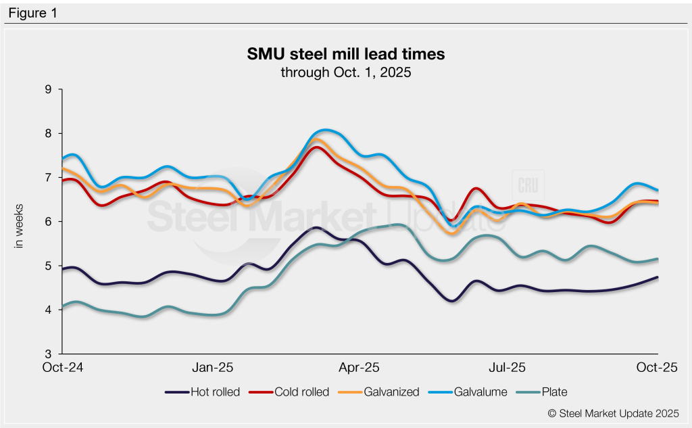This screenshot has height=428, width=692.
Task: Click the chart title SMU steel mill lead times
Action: pyautogui.click(x=346, y=53)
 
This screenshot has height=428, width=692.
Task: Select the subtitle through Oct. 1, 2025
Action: pyautogui.click(x=346, y=72)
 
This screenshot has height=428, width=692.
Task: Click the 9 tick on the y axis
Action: pyautogui.click(x=47, y=89)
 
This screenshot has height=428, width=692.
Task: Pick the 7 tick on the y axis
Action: pyautogui.click(x=47, y=177)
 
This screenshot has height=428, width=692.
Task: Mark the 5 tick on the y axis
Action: pyautogui.click(x=47, y=266)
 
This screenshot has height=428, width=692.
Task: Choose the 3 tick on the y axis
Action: pyautogui.click(x=47, y=354)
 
